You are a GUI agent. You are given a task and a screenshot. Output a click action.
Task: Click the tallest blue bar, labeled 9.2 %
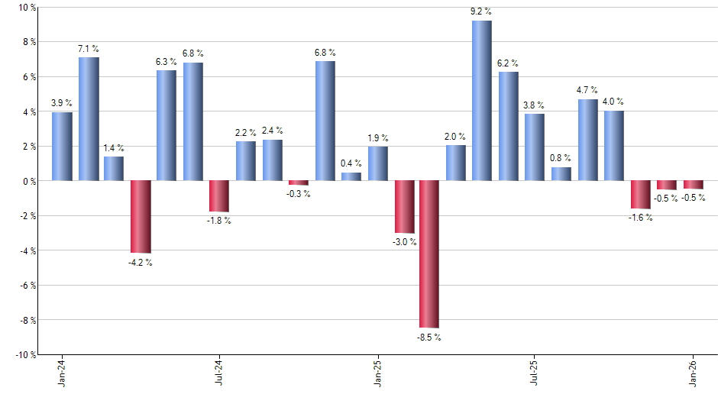pyautogui.click(x=481, y=101)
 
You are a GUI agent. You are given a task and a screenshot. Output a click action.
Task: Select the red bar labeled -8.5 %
pyautogui.click(x=429, y=254)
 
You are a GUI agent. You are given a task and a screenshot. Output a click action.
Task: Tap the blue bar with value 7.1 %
pyautogui.click(x=89, y=119)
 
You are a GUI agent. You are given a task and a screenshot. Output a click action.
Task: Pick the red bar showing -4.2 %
pyautogui.click(x=141, y=217)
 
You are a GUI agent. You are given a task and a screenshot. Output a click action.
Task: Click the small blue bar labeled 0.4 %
pyautogui.click(x=351, y=177)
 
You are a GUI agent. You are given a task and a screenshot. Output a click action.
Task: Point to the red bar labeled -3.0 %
pyautogui.click(x=403, y=207)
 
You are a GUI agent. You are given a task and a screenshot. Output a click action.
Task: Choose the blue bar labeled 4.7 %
pyautogui.click(x=587, y=140)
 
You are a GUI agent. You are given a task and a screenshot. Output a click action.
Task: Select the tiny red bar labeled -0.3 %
pyautogui.click(x=298, y=183)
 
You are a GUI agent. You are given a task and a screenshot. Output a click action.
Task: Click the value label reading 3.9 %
pyautogui.click(x=62, y=103)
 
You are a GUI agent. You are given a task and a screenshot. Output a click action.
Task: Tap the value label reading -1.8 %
pyautogui.click(x=219, y=221)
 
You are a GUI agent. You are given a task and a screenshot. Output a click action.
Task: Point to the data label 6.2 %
pyautogui.click(x=508, y=63)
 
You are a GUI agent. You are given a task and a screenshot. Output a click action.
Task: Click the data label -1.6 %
pyautogui.click(x=640, y=218)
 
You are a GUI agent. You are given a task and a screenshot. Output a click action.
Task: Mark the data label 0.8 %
pyautogui.click(x=561, y=158)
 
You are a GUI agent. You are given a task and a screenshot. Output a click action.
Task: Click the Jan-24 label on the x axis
pyautogui.click(x=62, y=373)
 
